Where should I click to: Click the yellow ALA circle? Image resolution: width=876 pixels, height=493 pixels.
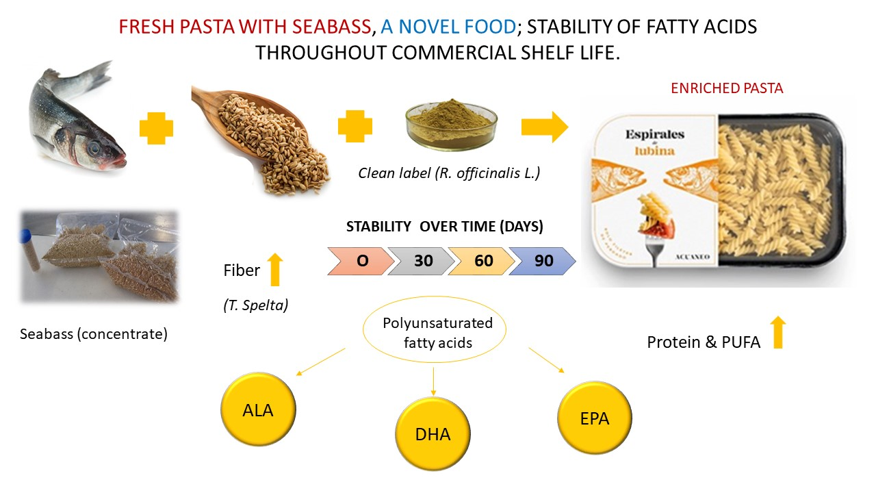pos(258,410)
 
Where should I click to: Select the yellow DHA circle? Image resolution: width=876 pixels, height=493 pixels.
pos(433,434)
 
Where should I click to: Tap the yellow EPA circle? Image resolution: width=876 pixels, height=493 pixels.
pos(594,418)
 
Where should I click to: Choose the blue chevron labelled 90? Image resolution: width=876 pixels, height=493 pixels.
pos(543,262)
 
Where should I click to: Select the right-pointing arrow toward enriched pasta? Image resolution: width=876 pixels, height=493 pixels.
pos(544,127)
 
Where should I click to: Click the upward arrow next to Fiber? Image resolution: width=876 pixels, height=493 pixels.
pos(274,270)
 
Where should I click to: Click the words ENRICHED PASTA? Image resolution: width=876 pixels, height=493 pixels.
pos(726,88)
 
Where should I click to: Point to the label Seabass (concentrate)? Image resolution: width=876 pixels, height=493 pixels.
pos(94,335)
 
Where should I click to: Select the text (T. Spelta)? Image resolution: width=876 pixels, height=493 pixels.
pos(255,306)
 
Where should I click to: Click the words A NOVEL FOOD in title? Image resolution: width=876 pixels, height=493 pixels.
pos(448,27)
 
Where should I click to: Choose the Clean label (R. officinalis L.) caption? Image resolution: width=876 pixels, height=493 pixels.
pos(449,173)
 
